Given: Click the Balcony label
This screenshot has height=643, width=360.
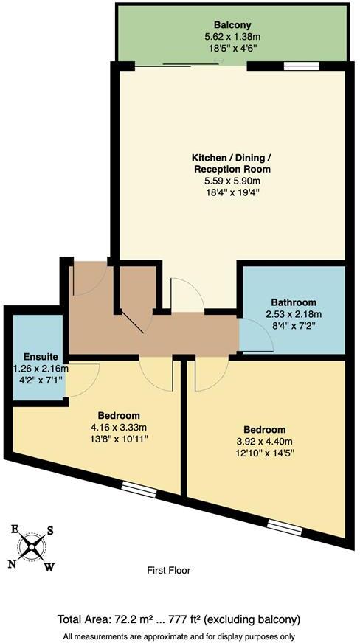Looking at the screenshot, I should point(233,24).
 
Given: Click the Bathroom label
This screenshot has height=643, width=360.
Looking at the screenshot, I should point(294,302).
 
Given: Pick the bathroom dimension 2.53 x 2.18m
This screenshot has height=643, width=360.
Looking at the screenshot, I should point(294,313).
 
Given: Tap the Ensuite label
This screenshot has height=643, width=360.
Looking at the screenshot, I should point(36,357).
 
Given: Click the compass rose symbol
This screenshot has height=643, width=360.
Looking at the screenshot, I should point(31,546).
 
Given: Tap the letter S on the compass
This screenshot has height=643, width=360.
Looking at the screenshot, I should point(50,529).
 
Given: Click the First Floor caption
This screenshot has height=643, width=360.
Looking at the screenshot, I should point(169,570).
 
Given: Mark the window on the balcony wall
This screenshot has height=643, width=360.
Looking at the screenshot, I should point(296,66).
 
